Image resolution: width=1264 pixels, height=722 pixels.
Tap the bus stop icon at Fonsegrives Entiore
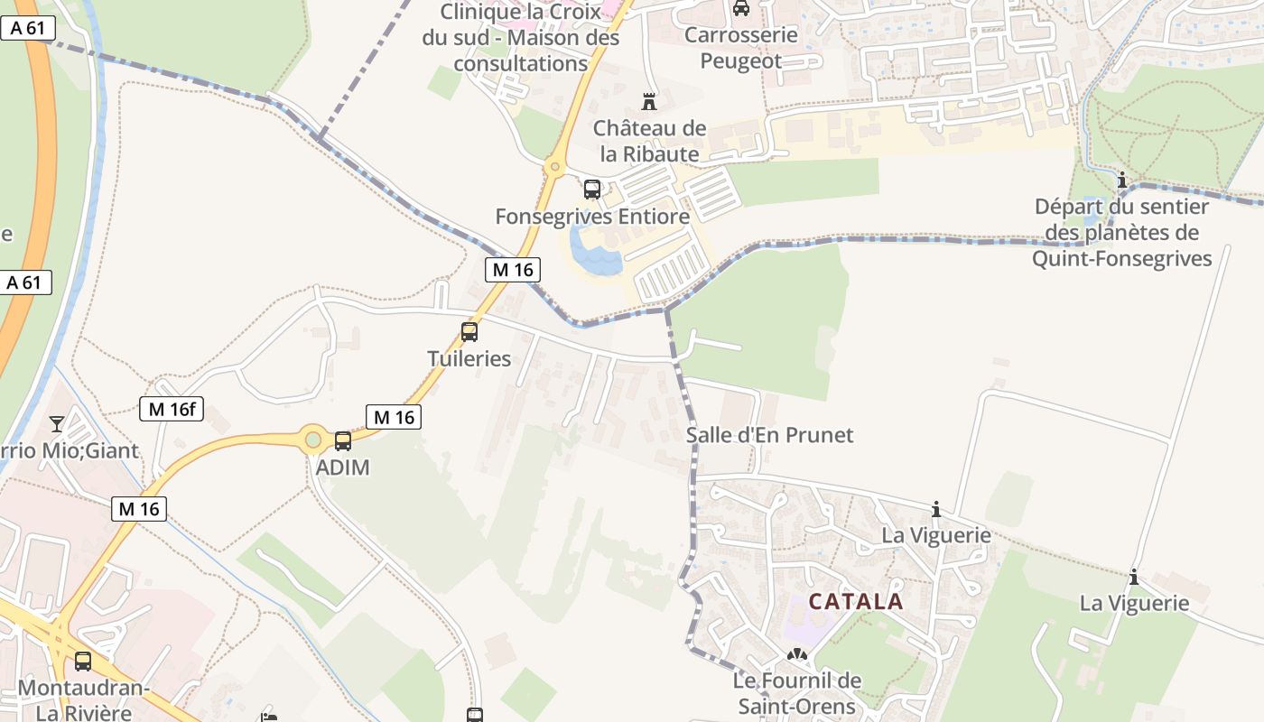[x=592, y=190]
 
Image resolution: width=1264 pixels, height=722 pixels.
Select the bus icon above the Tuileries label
[x=469, y=331]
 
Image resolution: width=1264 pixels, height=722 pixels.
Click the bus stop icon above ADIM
[x=343, y=440]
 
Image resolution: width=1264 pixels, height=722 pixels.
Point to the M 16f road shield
[x=172, y=409]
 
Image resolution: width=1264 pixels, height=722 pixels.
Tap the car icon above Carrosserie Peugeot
[x=741, y=8]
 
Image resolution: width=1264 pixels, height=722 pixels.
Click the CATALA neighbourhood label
[x=856, y=602]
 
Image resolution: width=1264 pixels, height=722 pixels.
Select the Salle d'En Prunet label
[x=769, y=435]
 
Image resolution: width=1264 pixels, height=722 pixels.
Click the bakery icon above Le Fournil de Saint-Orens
[x=796, y=655]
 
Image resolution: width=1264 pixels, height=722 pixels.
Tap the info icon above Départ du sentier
[x=1122, y=180]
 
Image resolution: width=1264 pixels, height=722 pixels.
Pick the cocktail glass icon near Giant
[x=57, y=423]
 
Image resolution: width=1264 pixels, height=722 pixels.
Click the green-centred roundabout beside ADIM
[x=312, y=440]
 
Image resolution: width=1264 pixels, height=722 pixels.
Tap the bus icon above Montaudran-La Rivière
[x=83, y=662]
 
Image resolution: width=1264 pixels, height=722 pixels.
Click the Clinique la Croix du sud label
[x=521, y=38]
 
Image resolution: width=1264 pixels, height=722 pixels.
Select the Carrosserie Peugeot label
[x=741, y=48]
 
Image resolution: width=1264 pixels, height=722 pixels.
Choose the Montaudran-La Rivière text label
[x=83, y=700]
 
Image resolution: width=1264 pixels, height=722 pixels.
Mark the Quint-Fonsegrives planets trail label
[x=1121, y=233]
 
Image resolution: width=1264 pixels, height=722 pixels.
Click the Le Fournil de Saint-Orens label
[x=797, y=693]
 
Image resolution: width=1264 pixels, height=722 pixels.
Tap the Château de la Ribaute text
[x=649, y=141]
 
